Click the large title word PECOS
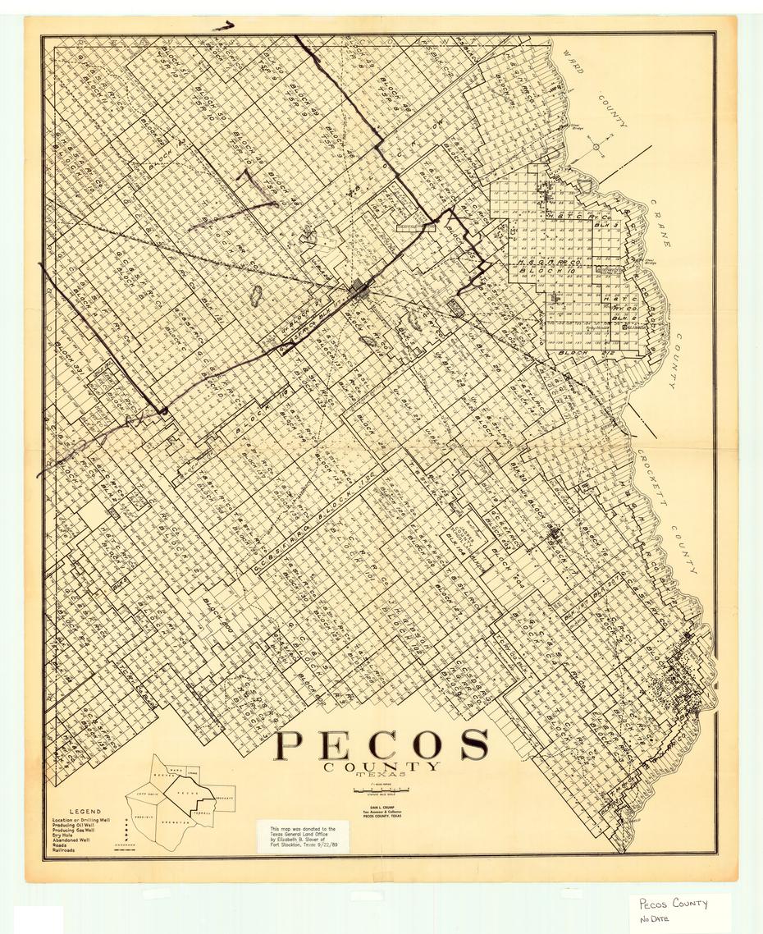pos(381,744)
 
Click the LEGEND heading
pos(85,812)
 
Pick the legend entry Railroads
pos(67,851)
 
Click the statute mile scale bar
pos(381,790)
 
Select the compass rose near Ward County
pos(596,147)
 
